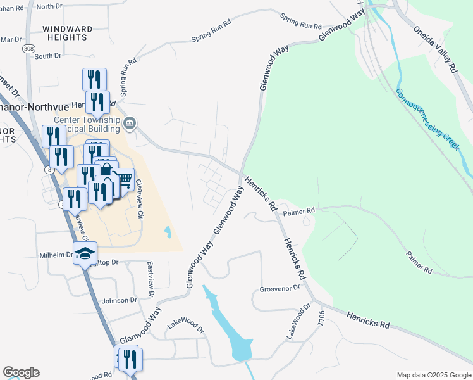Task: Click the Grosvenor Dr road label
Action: coord(278,289)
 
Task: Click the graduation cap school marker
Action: coord(85,254)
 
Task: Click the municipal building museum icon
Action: coord(130,122)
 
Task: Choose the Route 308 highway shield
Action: coord(28,48)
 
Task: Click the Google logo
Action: coord(21,372)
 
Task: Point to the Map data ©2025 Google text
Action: coord(434,375)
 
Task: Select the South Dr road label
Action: coord(48,56)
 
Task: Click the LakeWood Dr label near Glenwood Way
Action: coord(187,326)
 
